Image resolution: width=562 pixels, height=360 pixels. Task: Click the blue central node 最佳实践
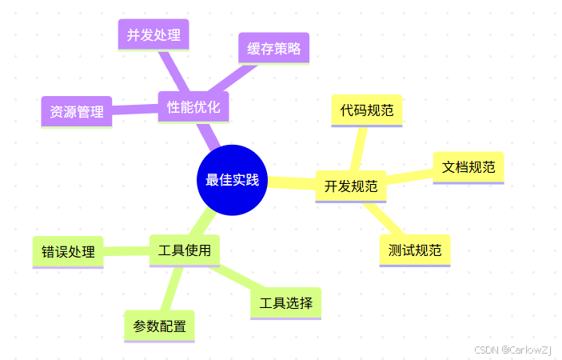[x=232, y=180]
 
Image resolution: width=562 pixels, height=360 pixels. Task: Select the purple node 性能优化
[x=193, y=106]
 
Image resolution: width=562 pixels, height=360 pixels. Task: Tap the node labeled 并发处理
[x=153, y=34]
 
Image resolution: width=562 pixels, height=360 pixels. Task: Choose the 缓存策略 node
[x=273, y=48]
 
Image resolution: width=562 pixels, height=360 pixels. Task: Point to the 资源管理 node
[x=77, y=112]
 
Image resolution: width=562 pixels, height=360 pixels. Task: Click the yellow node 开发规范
[x=351, y=186]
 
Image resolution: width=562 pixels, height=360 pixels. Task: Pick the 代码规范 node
[x=366, y=110]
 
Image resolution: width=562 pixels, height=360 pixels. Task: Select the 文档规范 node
[x=468, y=167]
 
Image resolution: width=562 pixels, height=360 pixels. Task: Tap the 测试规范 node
[x=415, y=250]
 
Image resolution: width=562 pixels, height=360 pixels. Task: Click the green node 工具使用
[x=185, y=250]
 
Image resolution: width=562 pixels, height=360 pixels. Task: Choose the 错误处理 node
[x=68, y=252]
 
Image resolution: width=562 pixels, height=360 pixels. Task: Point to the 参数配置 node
[x=160, y=326]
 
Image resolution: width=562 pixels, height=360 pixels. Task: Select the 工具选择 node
[x=285, y=303]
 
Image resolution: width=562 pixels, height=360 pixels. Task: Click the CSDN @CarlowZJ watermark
[x=512, y=350]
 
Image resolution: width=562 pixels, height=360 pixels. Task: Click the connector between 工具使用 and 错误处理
[x=126, y=251]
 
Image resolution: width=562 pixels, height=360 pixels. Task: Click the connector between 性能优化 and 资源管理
[x=134, y=110]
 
